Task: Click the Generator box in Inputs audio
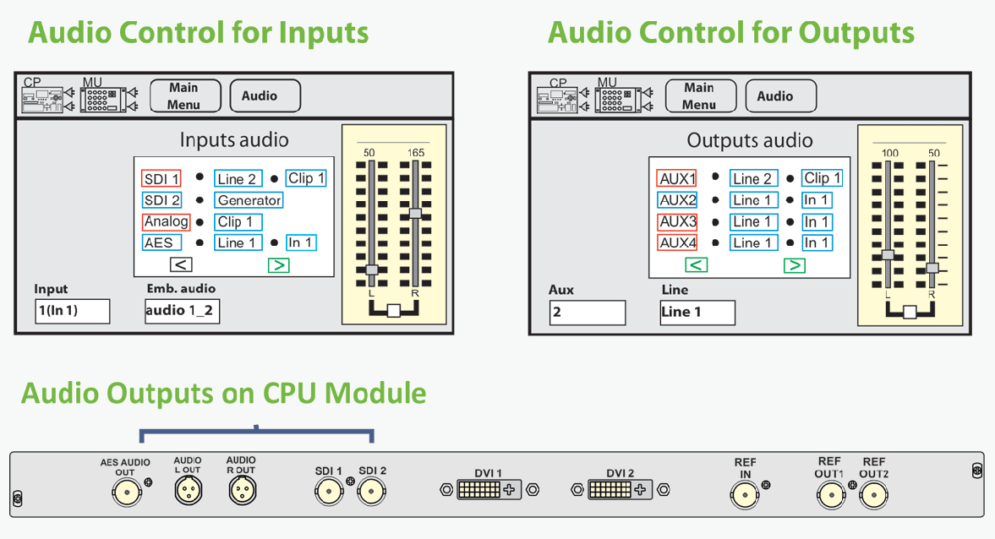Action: click(249, 200)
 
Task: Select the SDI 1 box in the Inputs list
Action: click(161, 179)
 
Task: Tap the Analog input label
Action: click(166, 221)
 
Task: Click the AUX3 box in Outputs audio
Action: click(677, 221)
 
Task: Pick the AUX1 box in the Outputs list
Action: click(677, 179)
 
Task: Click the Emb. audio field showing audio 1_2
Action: click(182, 311)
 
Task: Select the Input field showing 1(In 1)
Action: click(73, 311)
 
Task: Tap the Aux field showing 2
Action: click(588, 312)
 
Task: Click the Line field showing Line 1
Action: click(697, 312)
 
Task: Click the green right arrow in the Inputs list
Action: click(278, 265)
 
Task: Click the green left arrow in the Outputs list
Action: click(696, 265)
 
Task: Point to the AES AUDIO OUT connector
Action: click(127, 491)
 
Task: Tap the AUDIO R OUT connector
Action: click(241, 490)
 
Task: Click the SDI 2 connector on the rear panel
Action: click(371, 490)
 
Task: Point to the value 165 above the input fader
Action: click(415, 152)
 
